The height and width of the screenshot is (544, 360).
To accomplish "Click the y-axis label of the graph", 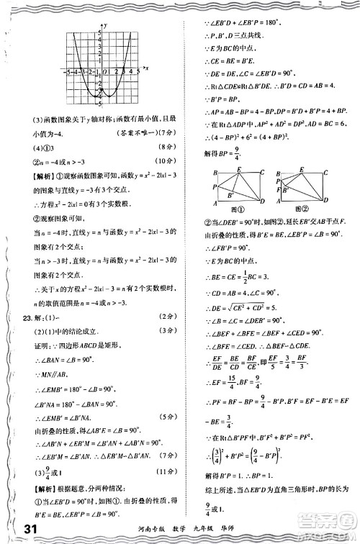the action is click(105, 26).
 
